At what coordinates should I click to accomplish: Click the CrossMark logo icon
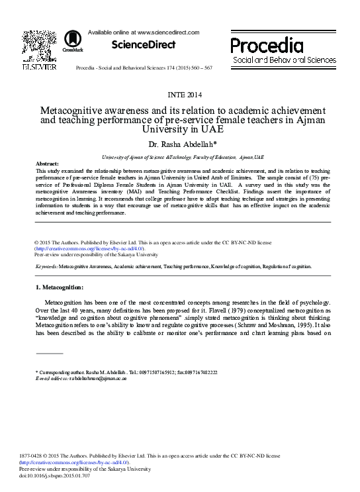point(68,42)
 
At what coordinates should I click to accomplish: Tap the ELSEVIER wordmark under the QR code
point(40,67)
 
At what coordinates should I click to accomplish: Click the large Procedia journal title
point(267,46)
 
